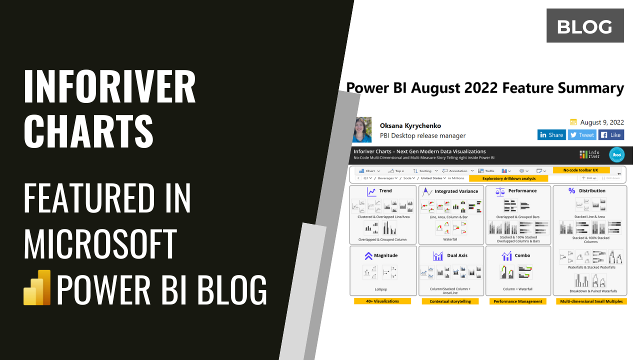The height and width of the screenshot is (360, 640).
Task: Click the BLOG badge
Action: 584,25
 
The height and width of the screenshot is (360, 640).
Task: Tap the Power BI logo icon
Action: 37,287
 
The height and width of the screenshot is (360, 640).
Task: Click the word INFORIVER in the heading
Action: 109,86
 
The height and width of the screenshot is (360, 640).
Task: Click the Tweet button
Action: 581,135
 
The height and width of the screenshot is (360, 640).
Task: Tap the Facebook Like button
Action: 610,135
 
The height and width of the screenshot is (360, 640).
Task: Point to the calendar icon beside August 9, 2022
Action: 573,122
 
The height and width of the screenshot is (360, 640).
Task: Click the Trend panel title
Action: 385,190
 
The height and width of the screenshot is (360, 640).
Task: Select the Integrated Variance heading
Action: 456,191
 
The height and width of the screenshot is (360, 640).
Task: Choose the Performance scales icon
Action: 499,191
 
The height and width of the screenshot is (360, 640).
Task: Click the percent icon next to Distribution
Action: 572,190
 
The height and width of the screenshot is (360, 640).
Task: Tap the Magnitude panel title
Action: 385,255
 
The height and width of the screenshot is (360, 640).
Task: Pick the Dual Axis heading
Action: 457,255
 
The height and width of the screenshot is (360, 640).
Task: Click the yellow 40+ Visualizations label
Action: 382,301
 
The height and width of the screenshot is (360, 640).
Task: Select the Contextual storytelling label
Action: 450,301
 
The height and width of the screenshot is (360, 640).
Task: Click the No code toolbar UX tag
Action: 581,170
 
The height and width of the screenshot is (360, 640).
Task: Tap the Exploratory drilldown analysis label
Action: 508,178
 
